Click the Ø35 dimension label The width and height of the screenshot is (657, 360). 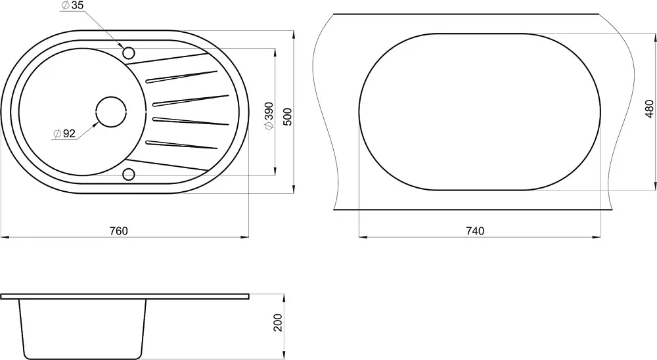point(72,5)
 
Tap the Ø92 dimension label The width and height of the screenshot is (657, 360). point(64,134)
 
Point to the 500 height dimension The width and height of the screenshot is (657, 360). point(288,116)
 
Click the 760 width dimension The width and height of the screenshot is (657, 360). point(118,231)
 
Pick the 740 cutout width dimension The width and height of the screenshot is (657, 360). point(475,231)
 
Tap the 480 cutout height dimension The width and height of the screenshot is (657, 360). point(649,108)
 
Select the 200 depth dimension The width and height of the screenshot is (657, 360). point(278,323)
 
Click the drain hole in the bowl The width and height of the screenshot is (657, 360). point(112,112)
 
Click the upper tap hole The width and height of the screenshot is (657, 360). point(129,53)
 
